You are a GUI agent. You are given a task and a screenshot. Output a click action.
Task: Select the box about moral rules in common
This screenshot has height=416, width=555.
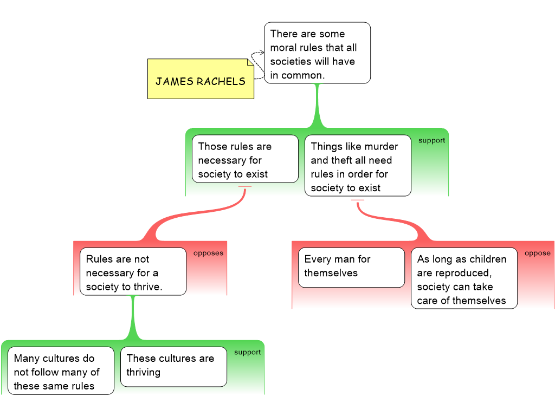tap(317, 53)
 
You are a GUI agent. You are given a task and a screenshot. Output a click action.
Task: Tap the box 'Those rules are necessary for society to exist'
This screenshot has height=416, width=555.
tap(245, 159)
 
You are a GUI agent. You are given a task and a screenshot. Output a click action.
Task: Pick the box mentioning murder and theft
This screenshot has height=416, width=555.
tap(358, 165)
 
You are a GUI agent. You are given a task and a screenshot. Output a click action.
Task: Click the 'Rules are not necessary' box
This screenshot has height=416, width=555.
tap(133, 271)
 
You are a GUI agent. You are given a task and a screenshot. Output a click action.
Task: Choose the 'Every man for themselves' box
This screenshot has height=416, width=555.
tap(351, 267)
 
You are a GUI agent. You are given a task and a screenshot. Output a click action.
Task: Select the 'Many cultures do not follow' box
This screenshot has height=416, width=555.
tap(61, 370)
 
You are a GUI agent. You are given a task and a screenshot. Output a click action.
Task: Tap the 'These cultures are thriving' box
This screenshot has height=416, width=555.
tap(173, 367)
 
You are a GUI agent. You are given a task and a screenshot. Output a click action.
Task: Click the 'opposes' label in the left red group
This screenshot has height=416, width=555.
tap(208, 253)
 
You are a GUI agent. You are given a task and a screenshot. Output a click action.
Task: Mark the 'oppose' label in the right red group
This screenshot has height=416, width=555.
tap(537, 253)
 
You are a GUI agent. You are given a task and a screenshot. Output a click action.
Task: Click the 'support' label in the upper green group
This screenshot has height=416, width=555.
tap(431, 140)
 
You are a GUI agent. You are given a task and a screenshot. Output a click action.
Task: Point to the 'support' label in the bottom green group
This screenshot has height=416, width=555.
tap(247, 352)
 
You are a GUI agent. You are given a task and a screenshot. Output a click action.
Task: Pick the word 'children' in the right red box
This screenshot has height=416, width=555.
tap(487, 259)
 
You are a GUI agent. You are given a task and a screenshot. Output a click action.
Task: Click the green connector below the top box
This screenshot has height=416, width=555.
tap(317, 106)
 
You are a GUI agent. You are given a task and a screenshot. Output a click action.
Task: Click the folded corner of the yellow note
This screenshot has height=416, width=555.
tap(250, 63)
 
